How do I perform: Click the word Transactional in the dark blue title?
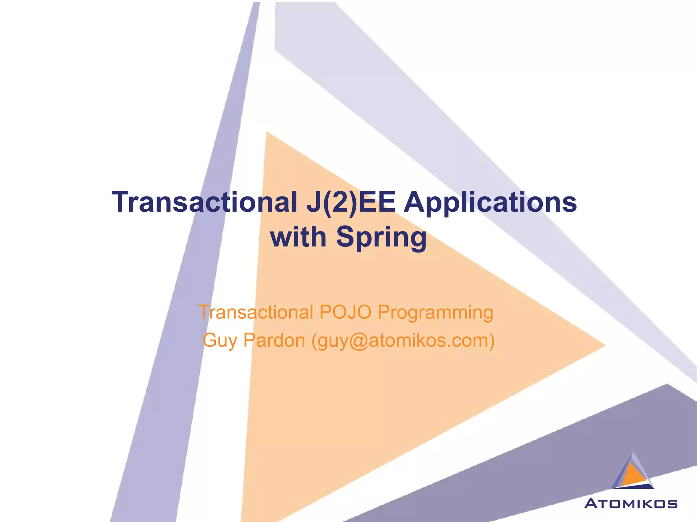click(x=205, y=202)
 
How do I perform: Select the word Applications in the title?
click(x=490, y=203)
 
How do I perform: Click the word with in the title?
click(x=298, y=237)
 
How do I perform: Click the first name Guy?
click(x=220, y=341)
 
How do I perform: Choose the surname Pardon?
click(x=274, y=340)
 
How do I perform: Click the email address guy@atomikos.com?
click(x=403, y=341)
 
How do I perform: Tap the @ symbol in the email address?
click(x=358, y=341)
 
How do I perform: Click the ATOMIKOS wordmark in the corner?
click(x=631, y=504)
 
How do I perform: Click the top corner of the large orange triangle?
click(x=267, y=133)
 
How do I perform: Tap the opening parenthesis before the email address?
click(x=314, y=341)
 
